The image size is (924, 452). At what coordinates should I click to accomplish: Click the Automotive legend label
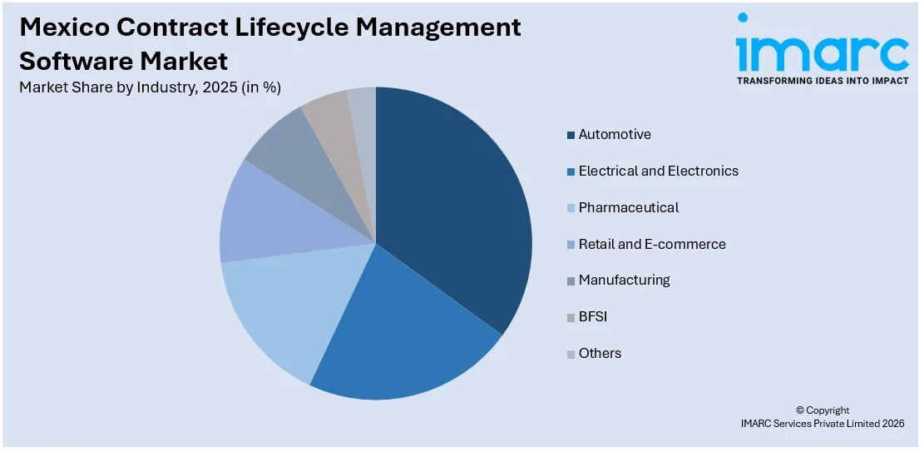click(615, 135)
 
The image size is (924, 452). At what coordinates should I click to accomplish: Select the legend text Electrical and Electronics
click(658, 171)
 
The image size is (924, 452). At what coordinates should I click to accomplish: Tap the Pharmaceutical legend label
click(628, 207)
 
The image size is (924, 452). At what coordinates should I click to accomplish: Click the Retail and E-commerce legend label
click(652, 244)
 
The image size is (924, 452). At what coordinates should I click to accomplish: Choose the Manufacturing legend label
click(624, 281)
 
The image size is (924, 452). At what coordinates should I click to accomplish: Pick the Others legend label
click(600, 353)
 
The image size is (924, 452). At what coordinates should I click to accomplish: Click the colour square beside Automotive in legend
click(571, 135)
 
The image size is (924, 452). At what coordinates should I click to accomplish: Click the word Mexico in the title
click(62, 27)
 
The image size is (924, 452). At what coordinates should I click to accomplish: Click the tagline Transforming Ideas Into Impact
click(823, 82)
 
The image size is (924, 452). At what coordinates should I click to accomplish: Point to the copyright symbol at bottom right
click(800, 410)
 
